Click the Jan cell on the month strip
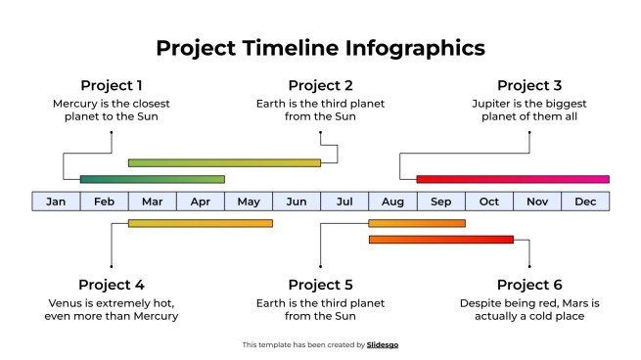click(56, 202)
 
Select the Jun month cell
click(297, 202)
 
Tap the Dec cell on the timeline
click(585, 202)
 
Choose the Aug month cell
click(392, 202)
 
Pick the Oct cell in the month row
click(489, 202)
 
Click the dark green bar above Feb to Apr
click(152, 179)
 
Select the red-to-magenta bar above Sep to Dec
click(512, 179)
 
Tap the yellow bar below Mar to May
click(200, 223)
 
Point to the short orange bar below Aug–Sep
click(416, 223)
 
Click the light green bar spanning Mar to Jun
click(224, 162)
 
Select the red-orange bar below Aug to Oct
click(440, 239)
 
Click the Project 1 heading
click(112, 85)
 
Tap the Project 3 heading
click(529, 85)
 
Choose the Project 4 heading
click(112, 285)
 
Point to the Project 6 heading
click(529, 285)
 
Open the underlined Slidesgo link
click(383, 344)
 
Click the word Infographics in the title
click(411, 48)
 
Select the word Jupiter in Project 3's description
click(492, 103)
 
